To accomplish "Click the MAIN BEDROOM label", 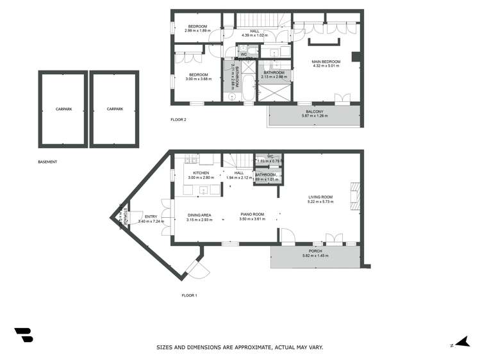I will click(x=326, y=61).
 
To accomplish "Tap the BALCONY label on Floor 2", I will click(x=314, y=112).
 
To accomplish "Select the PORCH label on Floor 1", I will click(x=315, y=251).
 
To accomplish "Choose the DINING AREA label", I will click(x=199, y=215).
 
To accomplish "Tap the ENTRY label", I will click(x=151, y=217).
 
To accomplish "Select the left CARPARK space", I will click(x=63, y=110).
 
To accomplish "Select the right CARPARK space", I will click(x=115, y=110).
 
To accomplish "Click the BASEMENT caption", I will click(x=47, y=162).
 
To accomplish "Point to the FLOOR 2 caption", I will click(x=179, y=120).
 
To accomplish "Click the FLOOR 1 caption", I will click(x=189, y=295).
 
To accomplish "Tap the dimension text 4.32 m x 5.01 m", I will click(x=326, y=66).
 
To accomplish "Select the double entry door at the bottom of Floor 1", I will click(x=196, y=270).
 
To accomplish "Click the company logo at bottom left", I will click(x=23, y=335).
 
